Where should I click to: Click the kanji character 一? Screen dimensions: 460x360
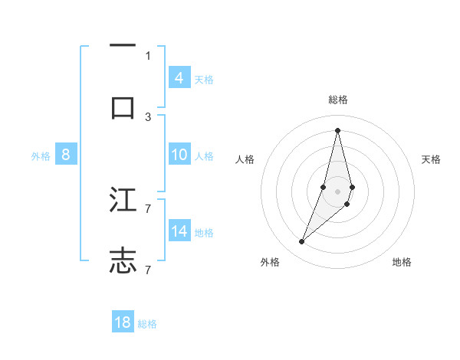(123, 47)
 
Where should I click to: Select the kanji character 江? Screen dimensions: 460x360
(123, 200)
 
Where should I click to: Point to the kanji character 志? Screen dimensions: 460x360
(123, 260)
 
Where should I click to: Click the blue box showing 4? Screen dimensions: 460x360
(179, 78)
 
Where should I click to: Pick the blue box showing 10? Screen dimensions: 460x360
(179, 155)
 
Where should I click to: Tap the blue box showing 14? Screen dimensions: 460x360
(179, 231)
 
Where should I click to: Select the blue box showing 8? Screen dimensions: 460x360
(66, 155)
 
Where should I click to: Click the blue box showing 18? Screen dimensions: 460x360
(123, 322)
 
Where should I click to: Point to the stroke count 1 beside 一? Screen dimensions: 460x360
(148, 55)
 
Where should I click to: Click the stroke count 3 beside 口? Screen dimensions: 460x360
(148, 116)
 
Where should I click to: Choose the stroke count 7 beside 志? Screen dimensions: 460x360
(148, 270)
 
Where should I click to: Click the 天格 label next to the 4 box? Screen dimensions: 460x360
(204, 79)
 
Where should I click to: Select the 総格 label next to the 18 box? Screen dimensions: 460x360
(147, 324)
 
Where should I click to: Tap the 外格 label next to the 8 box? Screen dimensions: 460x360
(41, 155)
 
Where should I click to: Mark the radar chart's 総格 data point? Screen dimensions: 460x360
(337, 129)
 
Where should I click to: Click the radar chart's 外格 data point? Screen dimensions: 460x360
(301, 242)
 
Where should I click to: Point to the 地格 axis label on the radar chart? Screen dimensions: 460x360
(402, 263)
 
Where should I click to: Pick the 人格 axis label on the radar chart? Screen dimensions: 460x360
(245, 159)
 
